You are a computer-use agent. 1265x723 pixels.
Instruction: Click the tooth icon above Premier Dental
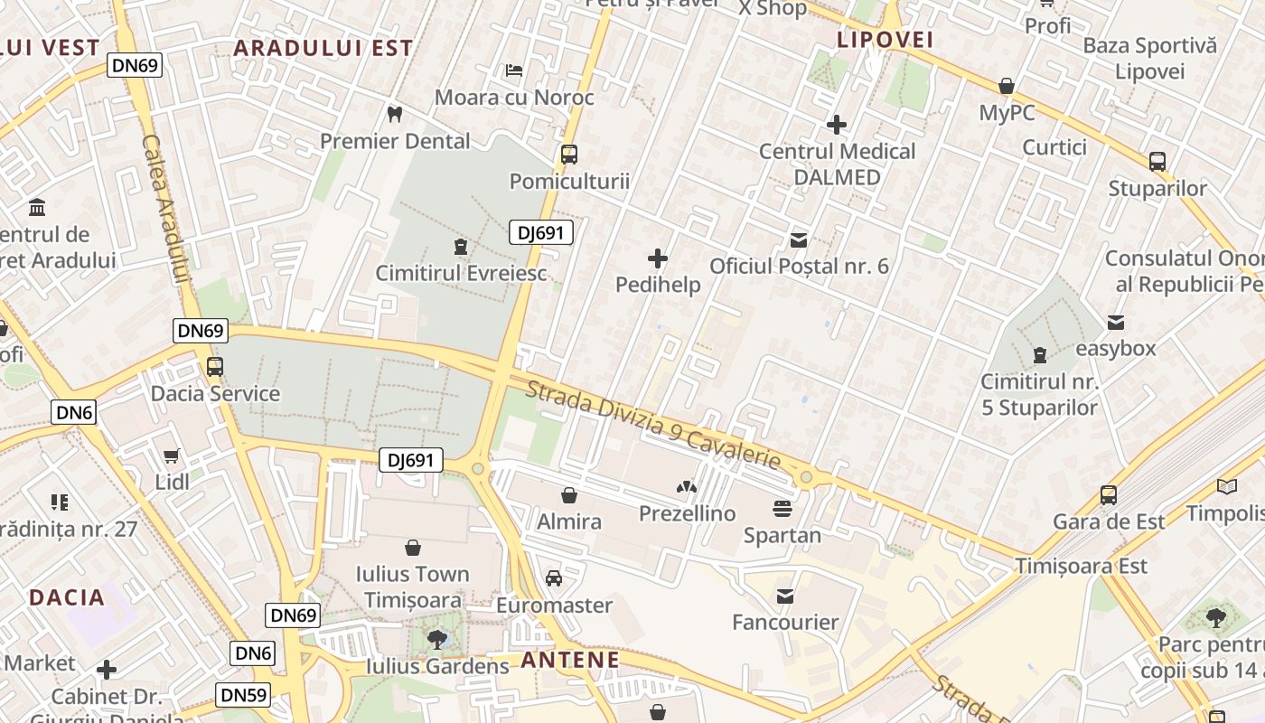(394, 114)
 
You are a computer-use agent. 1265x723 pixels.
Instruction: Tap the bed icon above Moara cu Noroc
(514, 70)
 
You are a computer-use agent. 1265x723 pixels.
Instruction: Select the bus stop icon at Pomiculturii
(568, 154)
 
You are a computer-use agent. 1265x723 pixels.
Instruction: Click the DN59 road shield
(242, 695)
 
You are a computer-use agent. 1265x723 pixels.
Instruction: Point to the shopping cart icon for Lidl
(172, 455)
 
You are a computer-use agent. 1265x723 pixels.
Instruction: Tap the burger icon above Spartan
(782, 508)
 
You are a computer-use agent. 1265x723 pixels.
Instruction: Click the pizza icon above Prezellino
(687, 487)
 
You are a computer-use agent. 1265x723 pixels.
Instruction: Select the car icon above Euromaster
(554, 578)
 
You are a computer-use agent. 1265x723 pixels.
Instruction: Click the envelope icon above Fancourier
(784, 596)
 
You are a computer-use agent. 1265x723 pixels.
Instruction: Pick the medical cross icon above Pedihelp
(658, 259)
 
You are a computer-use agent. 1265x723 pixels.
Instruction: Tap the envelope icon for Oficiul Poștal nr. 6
(799, 239)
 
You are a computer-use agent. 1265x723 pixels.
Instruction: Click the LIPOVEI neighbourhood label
(885, 40)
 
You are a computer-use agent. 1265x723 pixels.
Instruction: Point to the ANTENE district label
(570, 660)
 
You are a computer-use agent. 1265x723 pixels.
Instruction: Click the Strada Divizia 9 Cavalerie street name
(652, 425)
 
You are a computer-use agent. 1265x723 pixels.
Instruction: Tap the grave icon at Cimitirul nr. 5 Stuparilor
(1040, 353)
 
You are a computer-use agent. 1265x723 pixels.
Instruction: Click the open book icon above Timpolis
(1226, 487)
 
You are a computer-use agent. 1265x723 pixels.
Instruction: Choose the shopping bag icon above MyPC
(1006, 87)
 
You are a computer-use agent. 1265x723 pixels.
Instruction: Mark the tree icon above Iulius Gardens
(437, 640)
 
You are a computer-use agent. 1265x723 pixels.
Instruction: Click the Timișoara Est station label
(1082, 567)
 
